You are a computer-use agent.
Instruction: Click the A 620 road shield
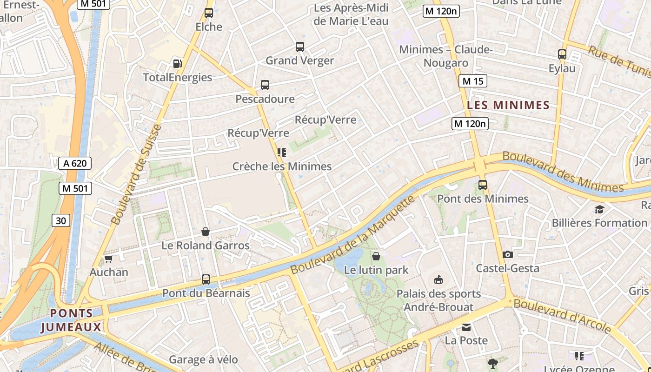75,163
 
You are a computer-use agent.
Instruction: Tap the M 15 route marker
472,81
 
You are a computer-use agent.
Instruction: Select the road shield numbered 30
61,220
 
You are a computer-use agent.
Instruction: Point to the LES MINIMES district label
508,105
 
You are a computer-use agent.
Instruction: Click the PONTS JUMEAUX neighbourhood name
71,320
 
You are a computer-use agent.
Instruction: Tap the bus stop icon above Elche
209,13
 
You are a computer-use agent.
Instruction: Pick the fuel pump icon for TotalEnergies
177,64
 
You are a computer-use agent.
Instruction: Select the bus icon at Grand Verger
300,47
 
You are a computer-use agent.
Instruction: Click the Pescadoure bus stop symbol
265,85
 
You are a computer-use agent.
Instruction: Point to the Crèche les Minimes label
282,166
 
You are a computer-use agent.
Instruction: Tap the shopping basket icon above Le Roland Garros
206,232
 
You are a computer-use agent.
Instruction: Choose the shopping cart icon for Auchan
109,259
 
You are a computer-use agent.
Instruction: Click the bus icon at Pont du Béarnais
206,279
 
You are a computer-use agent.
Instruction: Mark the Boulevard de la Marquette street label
352,235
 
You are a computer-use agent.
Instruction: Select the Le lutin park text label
376,270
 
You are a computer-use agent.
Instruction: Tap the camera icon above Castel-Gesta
508,254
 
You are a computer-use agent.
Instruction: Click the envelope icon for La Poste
466,327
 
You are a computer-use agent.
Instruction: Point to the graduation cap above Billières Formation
599,209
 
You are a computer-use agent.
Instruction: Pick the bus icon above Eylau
562,54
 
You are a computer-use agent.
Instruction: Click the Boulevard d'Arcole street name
563,316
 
